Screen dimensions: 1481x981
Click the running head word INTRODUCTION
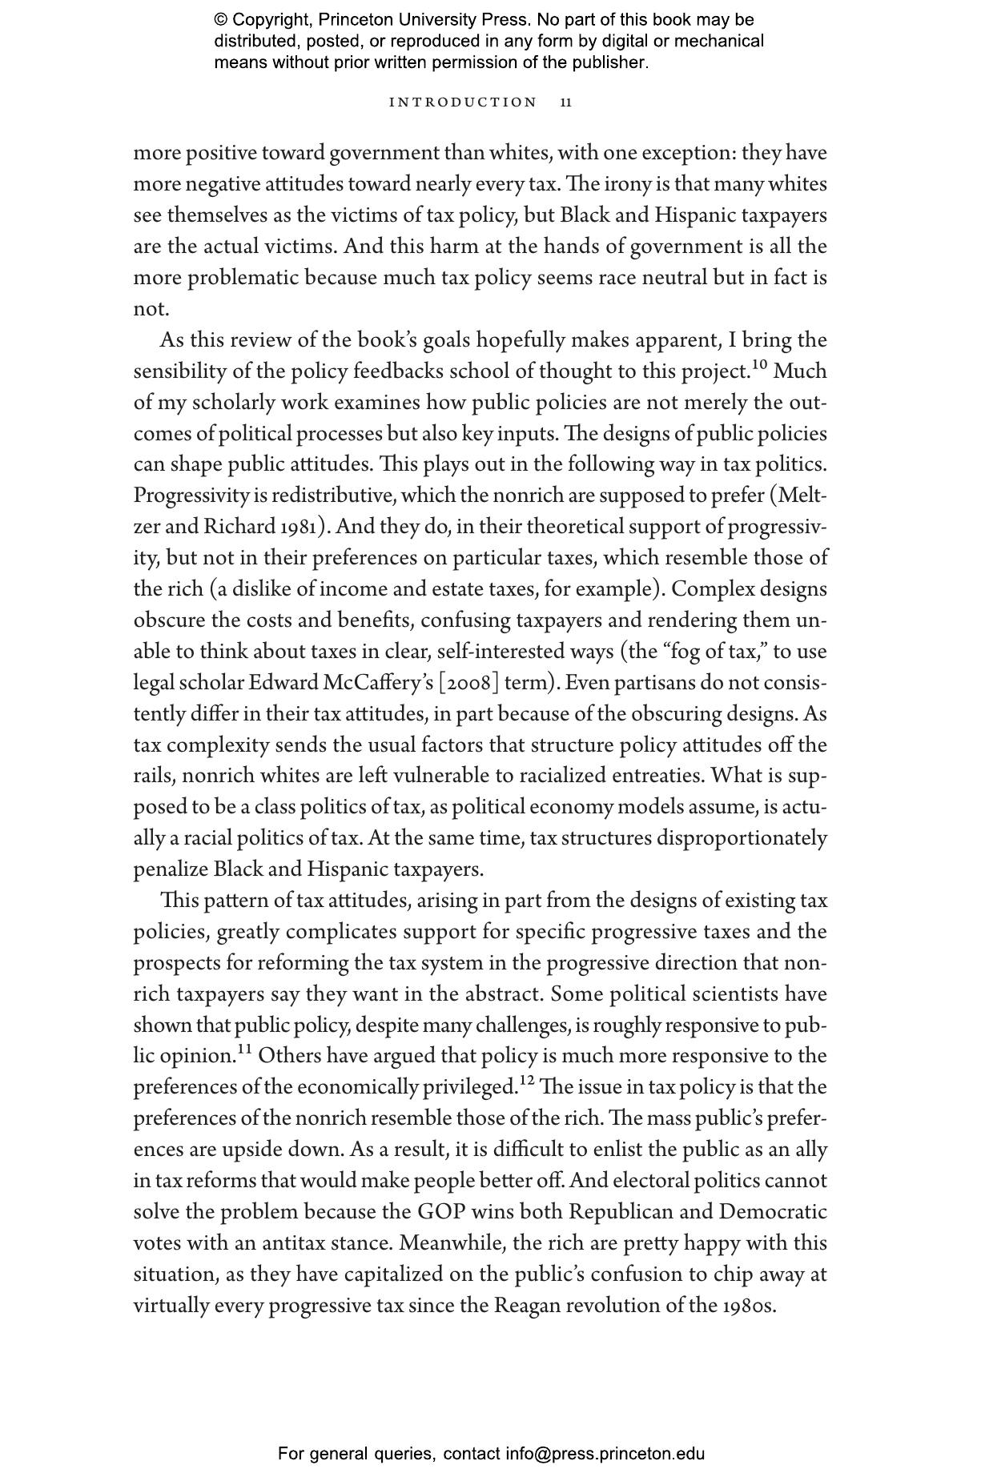462,102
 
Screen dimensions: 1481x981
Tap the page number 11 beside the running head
566,102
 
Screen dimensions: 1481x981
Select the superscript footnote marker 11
244,1050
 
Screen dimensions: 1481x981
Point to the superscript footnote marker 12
526,1082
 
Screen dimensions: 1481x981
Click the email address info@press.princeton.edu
605,1454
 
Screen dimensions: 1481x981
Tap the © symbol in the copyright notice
221,20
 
